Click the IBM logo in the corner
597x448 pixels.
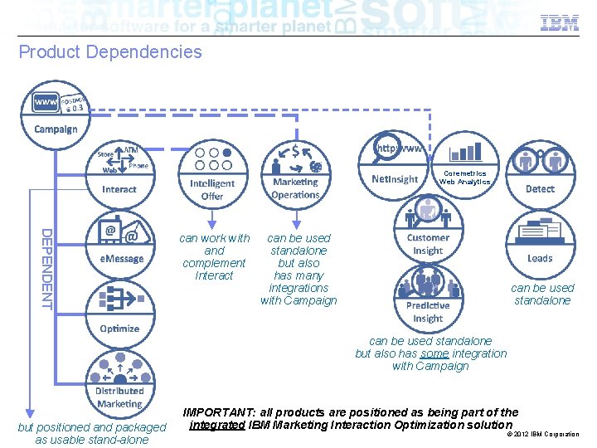(560, 23)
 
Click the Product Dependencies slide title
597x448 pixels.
(110, 52)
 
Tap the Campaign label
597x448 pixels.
(56, 129)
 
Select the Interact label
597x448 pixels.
(119, 189)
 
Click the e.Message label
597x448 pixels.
(122, 258)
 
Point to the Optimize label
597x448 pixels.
(119, 329)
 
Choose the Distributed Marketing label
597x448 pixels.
(119, 397)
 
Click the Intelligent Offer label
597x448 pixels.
(212, 190)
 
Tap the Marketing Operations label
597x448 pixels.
(295, 188)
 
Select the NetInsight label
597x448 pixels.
(395, 179)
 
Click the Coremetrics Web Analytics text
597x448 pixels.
(464, 178)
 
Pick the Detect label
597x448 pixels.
(540, 188)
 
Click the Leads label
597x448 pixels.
(540, 258)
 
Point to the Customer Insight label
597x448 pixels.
(428, 244)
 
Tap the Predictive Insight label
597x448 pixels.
(428, 312)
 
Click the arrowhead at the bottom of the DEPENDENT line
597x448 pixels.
(29, 410)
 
